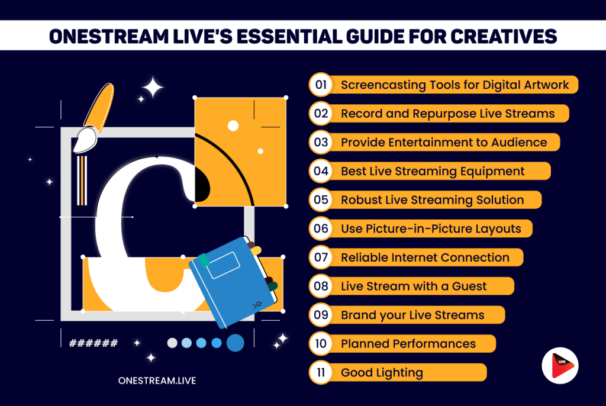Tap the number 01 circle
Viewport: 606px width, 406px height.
coord(321,85)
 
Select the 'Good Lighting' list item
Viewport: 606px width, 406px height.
coord(382,372)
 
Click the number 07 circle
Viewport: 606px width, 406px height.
coord(321,257)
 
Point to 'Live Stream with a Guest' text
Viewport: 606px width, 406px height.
coord(414,286)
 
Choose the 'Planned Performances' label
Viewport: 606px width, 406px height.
coord(408,343)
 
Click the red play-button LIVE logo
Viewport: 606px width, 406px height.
coord(559,366)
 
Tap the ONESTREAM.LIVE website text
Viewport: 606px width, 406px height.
coord(157,381)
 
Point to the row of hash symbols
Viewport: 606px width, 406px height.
coord(94,343)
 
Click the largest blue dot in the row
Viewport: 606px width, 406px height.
coord(236,343)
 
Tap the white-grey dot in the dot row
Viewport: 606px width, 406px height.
coord(172,343)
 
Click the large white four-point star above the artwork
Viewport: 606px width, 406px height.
coord(152,88)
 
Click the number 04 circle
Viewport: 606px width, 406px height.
coord(321,171)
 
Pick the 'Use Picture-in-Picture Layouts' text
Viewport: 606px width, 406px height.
coord(431,228)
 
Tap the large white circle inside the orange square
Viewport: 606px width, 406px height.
coord(233,125)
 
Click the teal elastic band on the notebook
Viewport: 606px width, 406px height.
coord(204,260)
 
